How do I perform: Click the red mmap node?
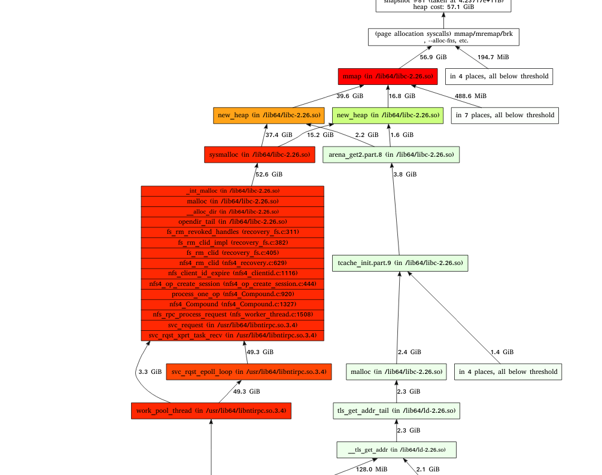point(387,77)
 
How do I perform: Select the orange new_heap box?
point(269,115)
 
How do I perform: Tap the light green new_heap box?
point(387,115)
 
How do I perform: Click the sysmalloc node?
point(259,154)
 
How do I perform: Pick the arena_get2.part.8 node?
point(391,154)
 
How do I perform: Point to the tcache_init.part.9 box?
point(400,263)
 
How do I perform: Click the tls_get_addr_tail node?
point(396,410)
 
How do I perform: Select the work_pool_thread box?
point(211,410)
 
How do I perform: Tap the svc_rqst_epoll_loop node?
point(248,372)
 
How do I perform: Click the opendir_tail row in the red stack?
point(232,221)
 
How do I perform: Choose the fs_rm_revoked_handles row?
point(232,232)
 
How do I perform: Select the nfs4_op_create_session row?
point(232,284)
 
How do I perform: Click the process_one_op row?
point(232,294)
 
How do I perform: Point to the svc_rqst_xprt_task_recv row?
point(232,336)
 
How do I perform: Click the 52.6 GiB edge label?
point(269,175)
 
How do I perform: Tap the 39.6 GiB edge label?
point(349,96)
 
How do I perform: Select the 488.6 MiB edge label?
point(470,96)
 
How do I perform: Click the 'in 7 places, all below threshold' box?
point(504,115)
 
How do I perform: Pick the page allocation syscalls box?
point(443,37)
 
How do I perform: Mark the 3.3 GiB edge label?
point(150,372)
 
